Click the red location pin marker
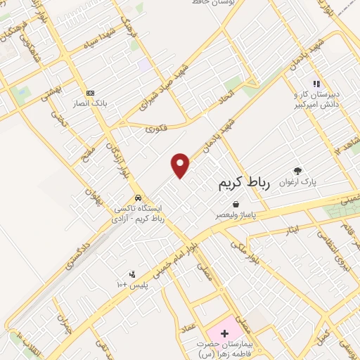pyautogui.click(x=181, y=165)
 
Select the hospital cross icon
pyautogui.click(x=225, y=331)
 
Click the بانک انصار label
pyautogui.click(x=89, y=103)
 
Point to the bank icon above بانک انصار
pyautogui.click(x=89, y=93)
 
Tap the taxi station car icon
pyautogui.click(x=138, y=198)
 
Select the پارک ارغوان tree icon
pyautogui.click(x=298, y=171)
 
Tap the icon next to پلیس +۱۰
pyautogui.click(x=131, y=274)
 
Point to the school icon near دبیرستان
pyautogui.click(x=316, y=83)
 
